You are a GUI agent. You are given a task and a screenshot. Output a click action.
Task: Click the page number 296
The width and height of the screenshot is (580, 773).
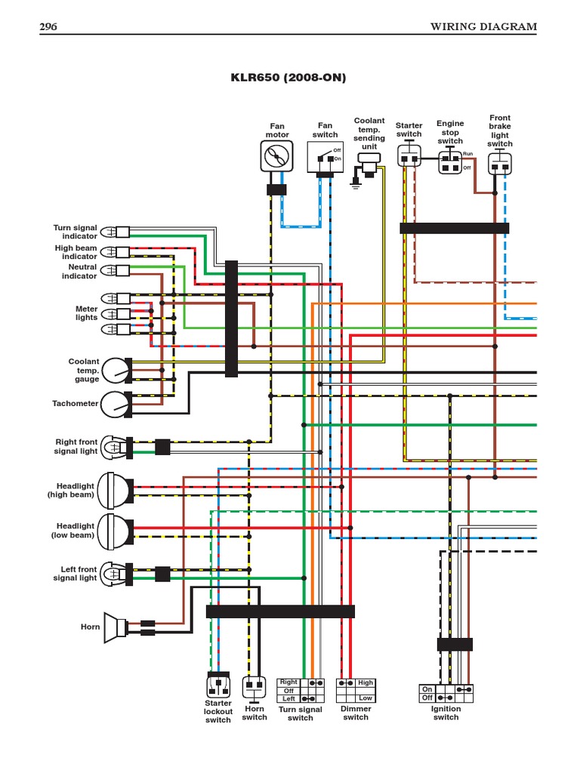(x=48, y=27)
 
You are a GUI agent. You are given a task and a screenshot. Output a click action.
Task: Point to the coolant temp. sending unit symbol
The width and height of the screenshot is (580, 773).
(x=368, y=159)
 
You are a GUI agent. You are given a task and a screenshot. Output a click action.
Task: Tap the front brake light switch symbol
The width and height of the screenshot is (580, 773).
(x=499, y=163)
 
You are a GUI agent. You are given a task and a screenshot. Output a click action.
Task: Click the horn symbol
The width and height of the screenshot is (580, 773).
(x=116, y=627)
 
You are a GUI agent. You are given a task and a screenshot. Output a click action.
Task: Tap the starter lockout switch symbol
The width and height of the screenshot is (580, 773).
(x=218, y=685)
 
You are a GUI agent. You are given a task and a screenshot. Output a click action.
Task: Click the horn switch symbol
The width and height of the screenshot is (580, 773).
(x=254, y=687)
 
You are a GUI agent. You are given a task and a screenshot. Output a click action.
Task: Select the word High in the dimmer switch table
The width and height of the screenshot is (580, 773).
(x=366, y=682)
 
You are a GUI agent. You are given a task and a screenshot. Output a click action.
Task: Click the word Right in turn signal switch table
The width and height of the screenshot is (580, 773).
(x=288, y=682)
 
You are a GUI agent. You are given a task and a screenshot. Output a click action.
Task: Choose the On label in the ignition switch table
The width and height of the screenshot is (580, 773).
(x=427, y=689)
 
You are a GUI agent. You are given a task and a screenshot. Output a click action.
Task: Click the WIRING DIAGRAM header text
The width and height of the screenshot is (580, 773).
(x=483, y=27)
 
